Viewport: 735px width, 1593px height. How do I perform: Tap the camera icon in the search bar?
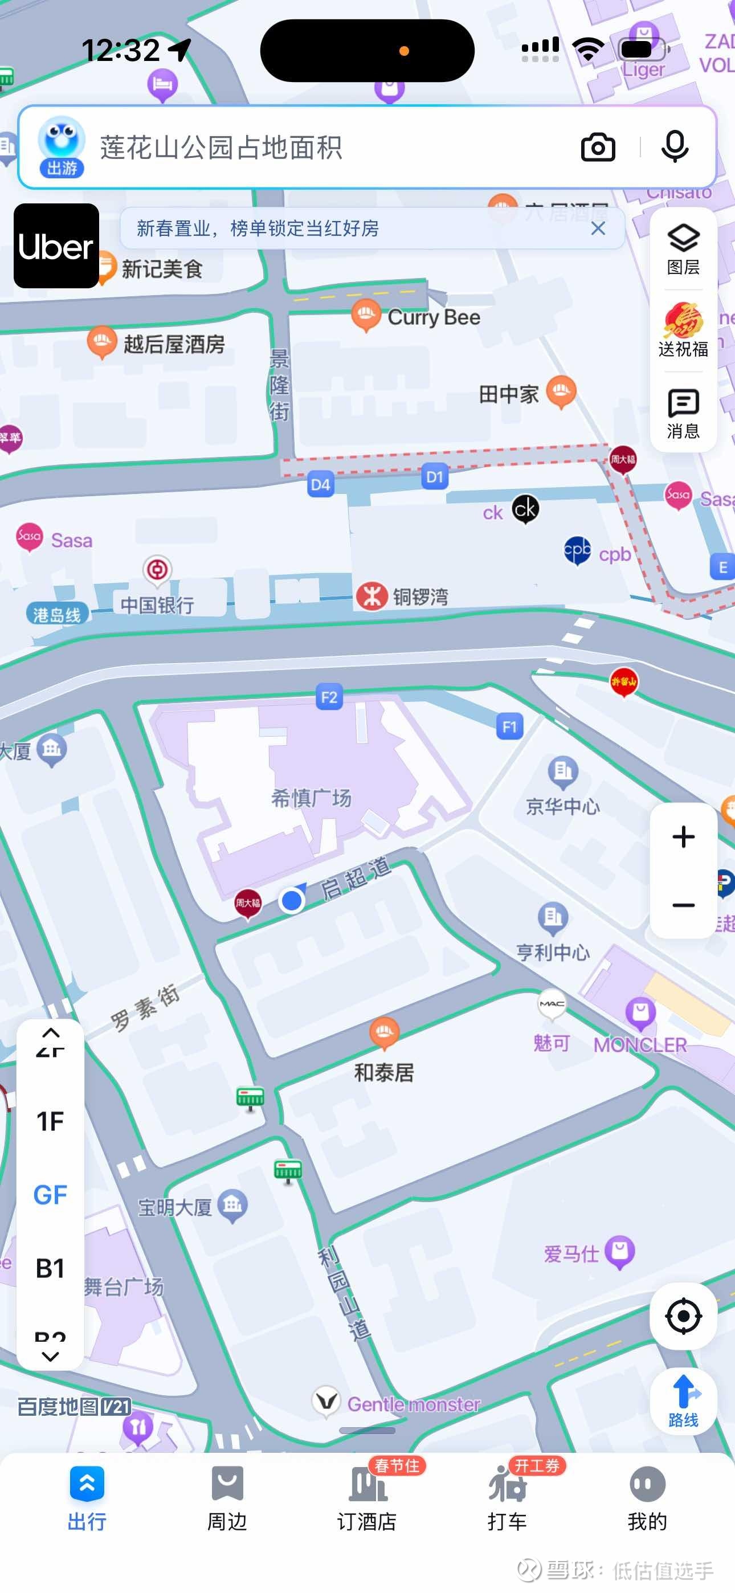598,147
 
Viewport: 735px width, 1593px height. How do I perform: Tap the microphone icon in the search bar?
675,147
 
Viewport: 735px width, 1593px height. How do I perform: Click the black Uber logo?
56,246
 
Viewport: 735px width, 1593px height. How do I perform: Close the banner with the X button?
598,229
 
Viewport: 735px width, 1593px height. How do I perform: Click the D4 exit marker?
320,484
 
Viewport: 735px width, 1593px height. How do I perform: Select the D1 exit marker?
435,477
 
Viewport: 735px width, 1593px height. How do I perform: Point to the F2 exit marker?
329,697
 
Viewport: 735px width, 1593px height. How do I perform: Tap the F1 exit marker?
510,726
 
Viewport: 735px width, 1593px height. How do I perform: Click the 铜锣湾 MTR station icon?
372,597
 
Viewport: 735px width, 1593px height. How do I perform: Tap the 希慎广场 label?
311,798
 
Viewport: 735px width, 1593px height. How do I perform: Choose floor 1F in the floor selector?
50,1121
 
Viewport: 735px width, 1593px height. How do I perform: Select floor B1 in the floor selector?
50,1268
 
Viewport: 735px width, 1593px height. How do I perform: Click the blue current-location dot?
291,901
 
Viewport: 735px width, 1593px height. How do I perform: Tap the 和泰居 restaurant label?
383,1072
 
